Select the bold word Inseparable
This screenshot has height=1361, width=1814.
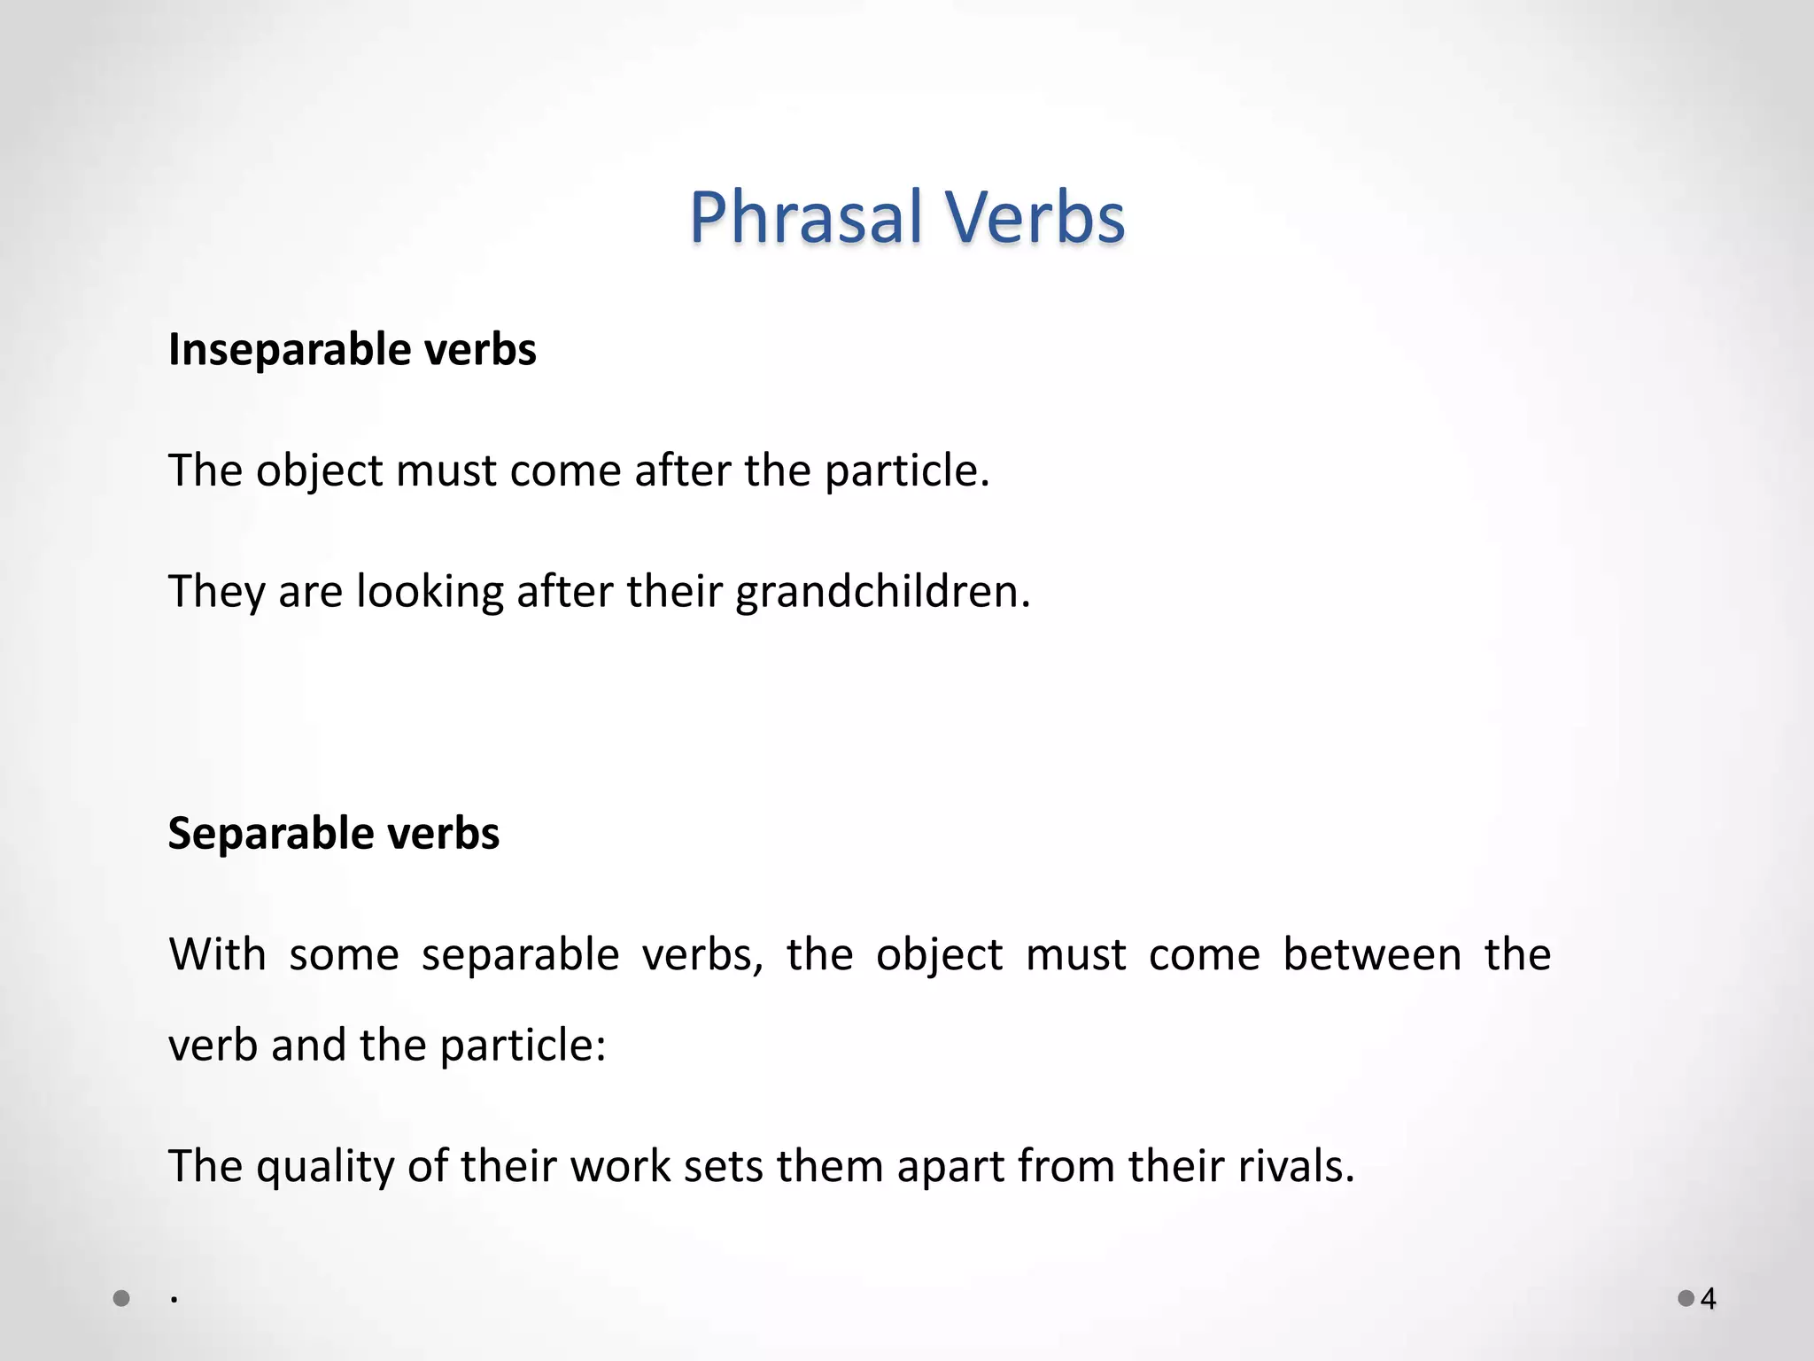pyautogui.click(x=289, y=350)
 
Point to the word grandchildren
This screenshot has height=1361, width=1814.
pyautogui.click(x=882, y=591)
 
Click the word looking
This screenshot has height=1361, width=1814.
pyautogui.click(x=430, y=591)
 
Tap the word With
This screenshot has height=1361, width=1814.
pyautogui.click(x=217, y=954)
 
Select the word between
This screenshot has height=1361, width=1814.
pyautogui.click(x=1372, y=954)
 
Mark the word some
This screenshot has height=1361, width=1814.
pyautogui.click(x=344, y=954)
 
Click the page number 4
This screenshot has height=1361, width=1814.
pyautogui.click(x=1709, y=1299)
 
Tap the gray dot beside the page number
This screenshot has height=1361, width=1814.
pyautogui.click(x=1686, y=1299)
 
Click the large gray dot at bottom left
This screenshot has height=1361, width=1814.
pyautogui.click(x=122, y=1299)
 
